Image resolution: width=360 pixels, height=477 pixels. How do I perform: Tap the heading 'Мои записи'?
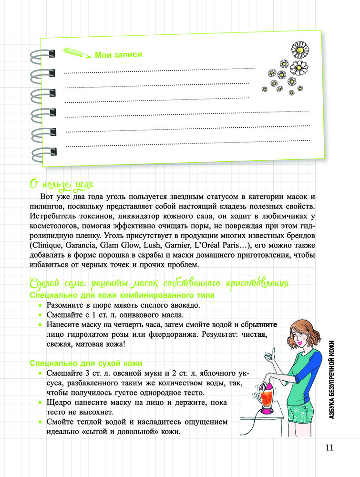coord(118,55)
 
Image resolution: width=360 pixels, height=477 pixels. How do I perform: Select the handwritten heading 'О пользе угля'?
coord(62,184)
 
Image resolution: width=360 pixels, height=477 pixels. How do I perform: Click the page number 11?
coord(329,447)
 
